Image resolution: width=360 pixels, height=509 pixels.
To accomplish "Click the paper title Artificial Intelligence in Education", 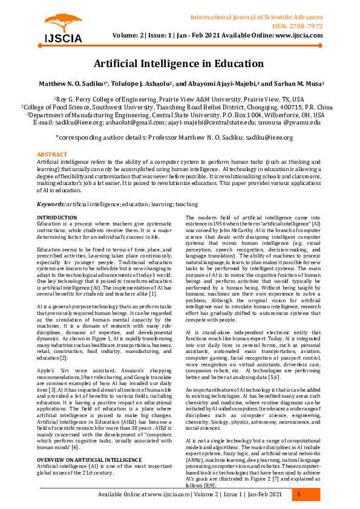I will click(179, 63).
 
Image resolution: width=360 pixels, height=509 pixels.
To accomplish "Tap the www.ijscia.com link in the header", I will click(299, 35).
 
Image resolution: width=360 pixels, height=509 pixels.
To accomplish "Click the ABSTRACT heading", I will click(52, 155).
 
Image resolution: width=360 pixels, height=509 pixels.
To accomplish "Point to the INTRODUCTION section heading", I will click(57, 217).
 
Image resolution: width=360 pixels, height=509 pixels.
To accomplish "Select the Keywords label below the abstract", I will click(51, 206).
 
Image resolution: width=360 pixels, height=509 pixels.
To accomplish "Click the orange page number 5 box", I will click(298, 495).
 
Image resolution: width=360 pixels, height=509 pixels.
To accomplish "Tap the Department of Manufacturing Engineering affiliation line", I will click(179, 114).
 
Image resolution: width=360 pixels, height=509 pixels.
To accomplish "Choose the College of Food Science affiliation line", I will click(179, 106).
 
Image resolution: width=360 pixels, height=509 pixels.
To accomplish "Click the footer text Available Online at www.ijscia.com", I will click(153, 495).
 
